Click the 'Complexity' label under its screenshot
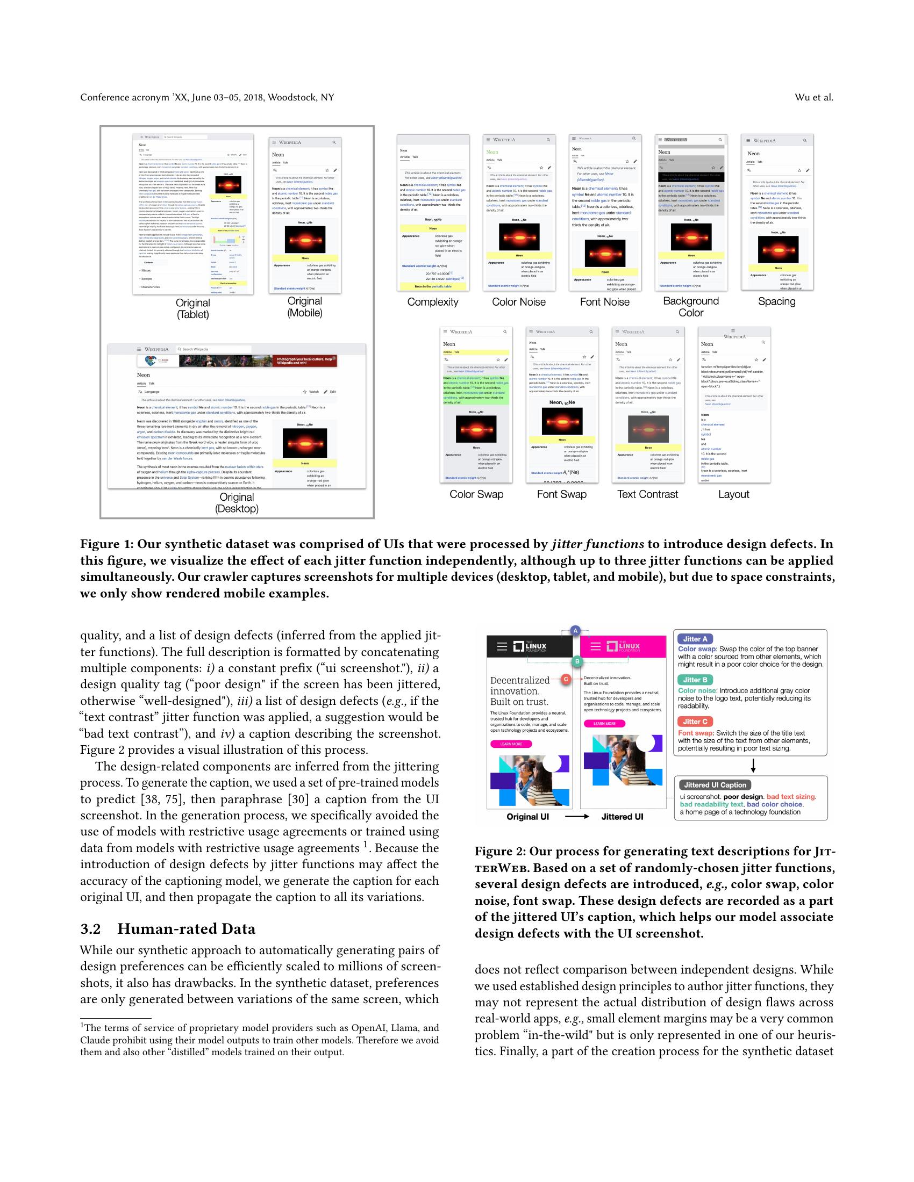pyautogui.click(x=433, y=302)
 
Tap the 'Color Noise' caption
pyautogui.click(x=518, y=302)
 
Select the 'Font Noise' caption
pyautogui.click(x=604, y=302)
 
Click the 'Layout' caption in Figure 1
pyautogui.click(x=733, y=494)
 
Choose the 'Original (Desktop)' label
pyautogui.click(x=237, y=503)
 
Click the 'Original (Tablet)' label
pyautogui.click(x=193, y=308)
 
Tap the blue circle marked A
pyautogui.click(x=576, y=631)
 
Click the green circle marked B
pyautogui.click(x=577, y=661)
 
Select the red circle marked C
pyautogui.click(x=566, y=679)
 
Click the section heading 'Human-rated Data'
pyautogui.click(x=186, y=929)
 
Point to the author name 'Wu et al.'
pyautogui.click(x=814, y=97)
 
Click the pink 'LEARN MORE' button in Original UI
pyautogui.click(x=511, y=744)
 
